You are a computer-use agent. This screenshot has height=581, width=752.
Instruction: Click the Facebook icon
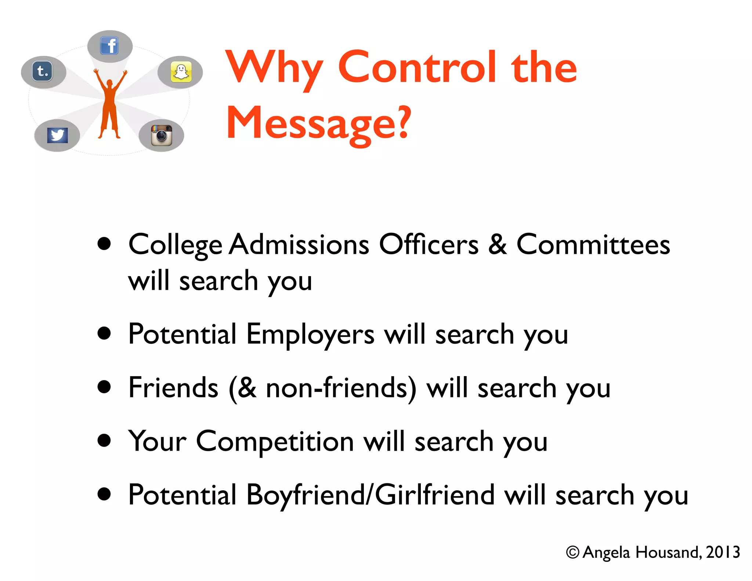click(x=109, y=46)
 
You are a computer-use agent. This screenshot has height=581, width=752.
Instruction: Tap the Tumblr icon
click(x=43, y=71)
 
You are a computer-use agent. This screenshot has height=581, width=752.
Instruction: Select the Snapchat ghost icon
click(x=181, y=72)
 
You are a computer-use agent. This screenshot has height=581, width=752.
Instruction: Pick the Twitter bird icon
click(x=57, y=135)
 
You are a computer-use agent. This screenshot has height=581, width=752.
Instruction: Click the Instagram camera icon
click(x=162, y=135)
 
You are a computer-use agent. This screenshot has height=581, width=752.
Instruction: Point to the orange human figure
click(x=110, y=105)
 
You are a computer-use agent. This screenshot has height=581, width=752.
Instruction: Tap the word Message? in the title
click(x=318, y=123)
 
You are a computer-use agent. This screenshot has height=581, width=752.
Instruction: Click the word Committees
click(x=593, y=245)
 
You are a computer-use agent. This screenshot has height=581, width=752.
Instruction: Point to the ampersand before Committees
click(x=498, y=245)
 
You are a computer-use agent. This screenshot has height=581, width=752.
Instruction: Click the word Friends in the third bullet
click(x=173, y=388)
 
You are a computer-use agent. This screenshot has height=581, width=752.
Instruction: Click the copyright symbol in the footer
click(x=572, y=552)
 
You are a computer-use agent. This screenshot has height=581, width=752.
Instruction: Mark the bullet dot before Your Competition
click(x=104, y=440)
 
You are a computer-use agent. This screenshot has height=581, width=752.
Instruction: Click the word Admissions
click(x=299, y=245)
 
